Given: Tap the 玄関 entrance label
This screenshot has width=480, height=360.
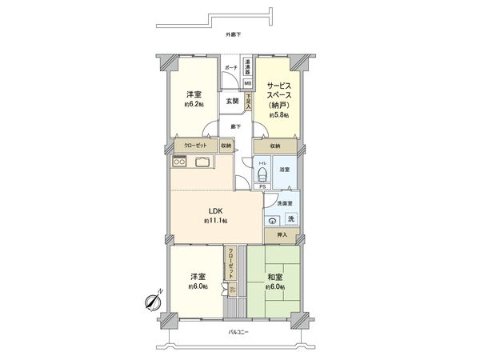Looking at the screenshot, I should [232, 101].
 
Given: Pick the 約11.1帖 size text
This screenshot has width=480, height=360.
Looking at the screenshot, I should [216, 221].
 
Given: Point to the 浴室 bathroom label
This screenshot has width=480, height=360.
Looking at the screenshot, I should [285, 169].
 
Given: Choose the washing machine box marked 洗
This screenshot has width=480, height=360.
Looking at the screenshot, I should [290, 219].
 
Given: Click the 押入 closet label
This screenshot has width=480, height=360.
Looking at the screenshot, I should [282, 235].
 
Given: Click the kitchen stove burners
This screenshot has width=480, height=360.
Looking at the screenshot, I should [180, 162].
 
